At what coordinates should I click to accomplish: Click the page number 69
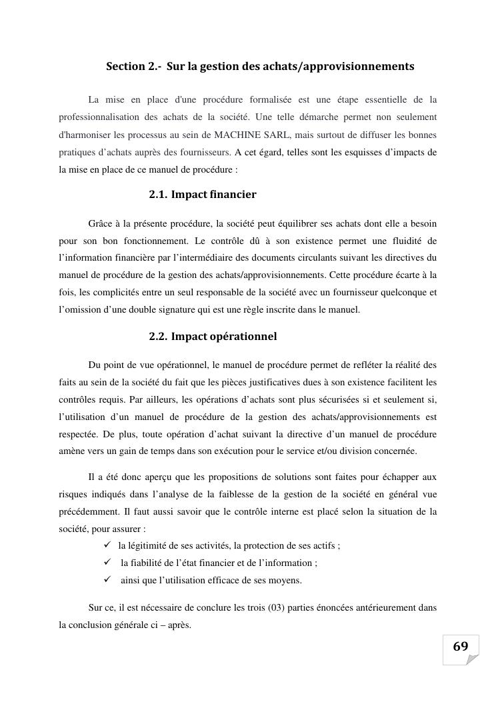(x=460, y=646)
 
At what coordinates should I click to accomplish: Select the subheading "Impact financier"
(x=213, y=195)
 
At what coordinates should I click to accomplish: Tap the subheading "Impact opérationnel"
(x=223, y=337)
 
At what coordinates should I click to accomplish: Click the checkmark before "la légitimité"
(x=108, y=545)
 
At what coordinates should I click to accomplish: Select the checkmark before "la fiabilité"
(x=108, y=563)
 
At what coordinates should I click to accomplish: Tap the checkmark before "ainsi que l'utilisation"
(x=108, y=580)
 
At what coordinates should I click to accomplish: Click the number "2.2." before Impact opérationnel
(x=158, y=337)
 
